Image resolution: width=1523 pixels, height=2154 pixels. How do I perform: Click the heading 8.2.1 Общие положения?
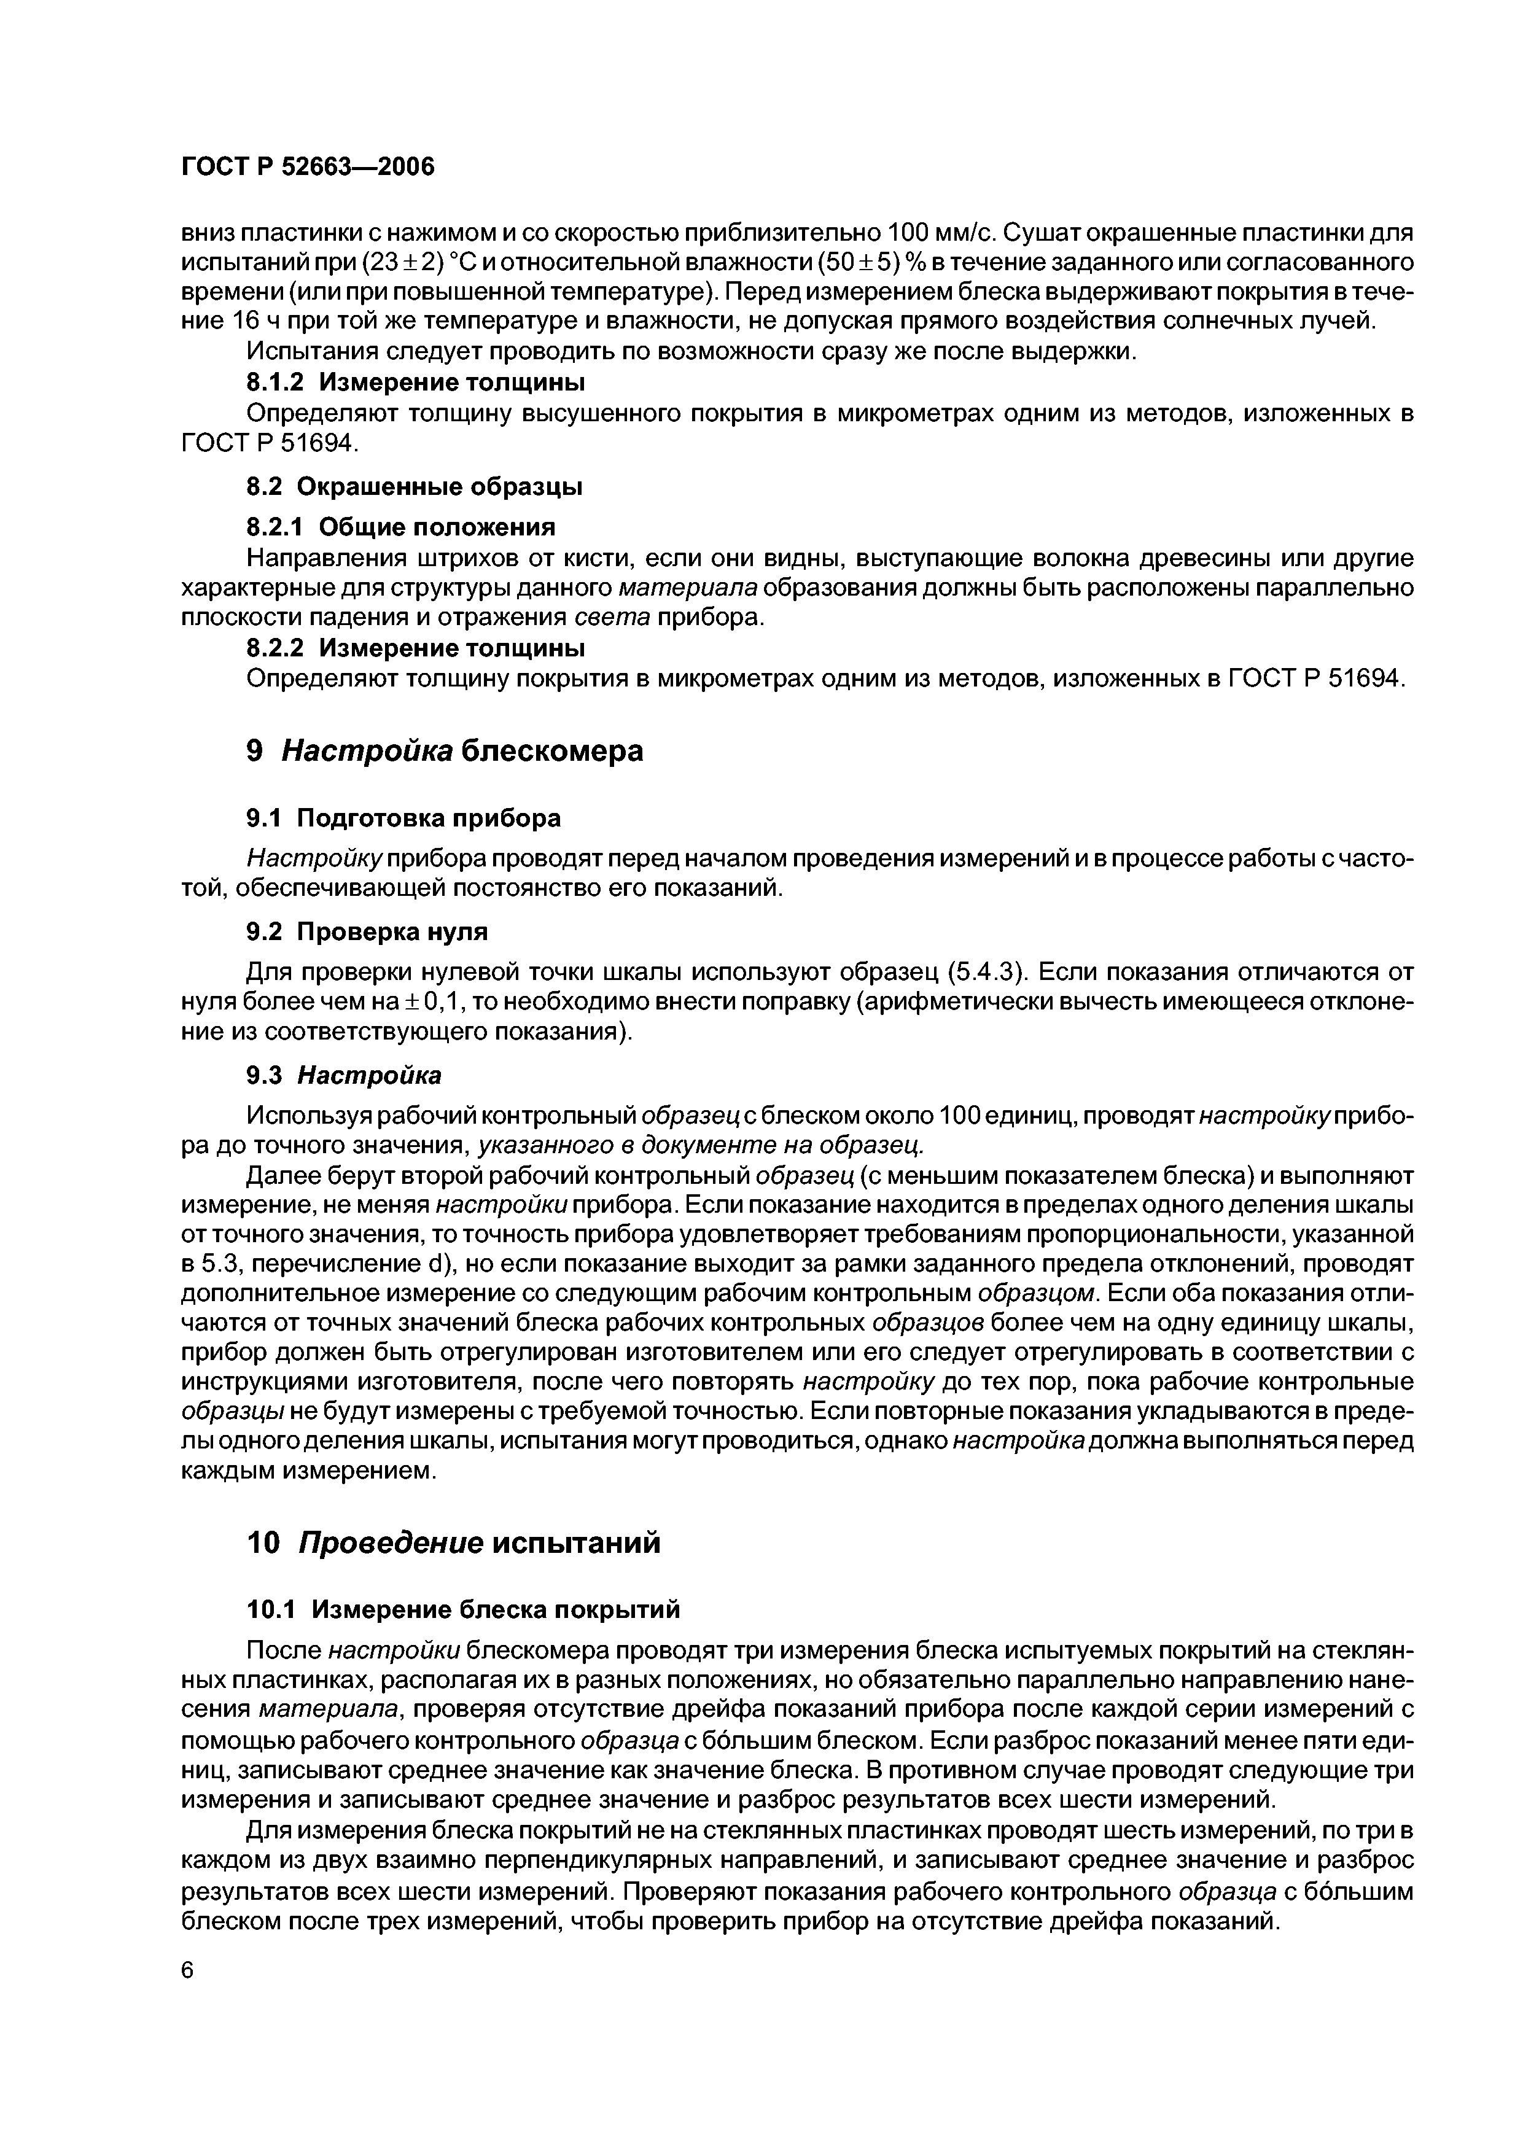tap(400, 526)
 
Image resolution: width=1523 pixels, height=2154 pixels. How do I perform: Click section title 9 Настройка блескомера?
tap(445, 752)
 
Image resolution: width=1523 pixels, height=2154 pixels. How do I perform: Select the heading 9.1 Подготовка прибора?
tap(403, 818)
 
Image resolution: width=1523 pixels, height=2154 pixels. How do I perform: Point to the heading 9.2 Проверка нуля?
tap(367, 931)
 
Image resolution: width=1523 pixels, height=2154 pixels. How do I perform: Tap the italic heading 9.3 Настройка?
tap(343, 1074)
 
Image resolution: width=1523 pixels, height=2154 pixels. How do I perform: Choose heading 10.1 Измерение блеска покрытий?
tap(462, 1610)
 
